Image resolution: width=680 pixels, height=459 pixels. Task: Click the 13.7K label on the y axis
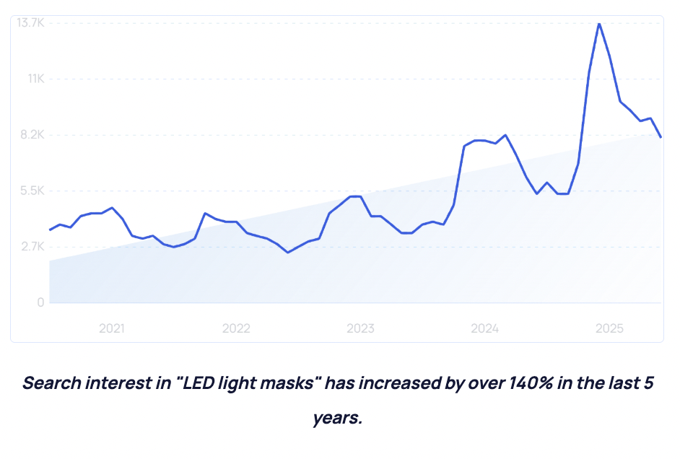(x=31, y=23)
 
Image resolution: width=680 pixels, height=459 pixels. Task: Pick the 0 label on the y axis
(x=41, y=302)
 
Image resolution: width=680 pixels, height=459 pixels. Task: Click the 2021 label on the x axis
(x=112, y=328)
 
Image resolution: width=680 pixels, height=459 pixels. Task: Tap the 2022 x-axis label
(x=236, y=328)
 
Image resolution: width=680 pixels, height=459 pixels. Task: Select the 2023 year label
(x=360, y=328)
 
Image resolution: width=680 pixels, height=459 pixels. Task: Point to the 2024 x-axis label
(x=485, y=328)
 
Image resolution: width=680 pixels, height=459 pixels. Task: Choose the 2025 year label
(x=609, y=328)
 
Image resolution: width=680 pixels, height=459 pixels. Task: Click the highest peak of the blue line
(x=598, y=24)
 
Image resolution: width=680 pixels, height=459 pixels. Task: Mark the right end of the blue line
(x=661, y=136)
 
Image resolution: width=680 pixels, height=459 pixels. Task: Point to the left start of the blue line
(x=50, y=229)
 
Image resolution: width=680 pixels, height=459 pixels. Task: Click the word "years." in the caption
(x=338, y=418)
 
